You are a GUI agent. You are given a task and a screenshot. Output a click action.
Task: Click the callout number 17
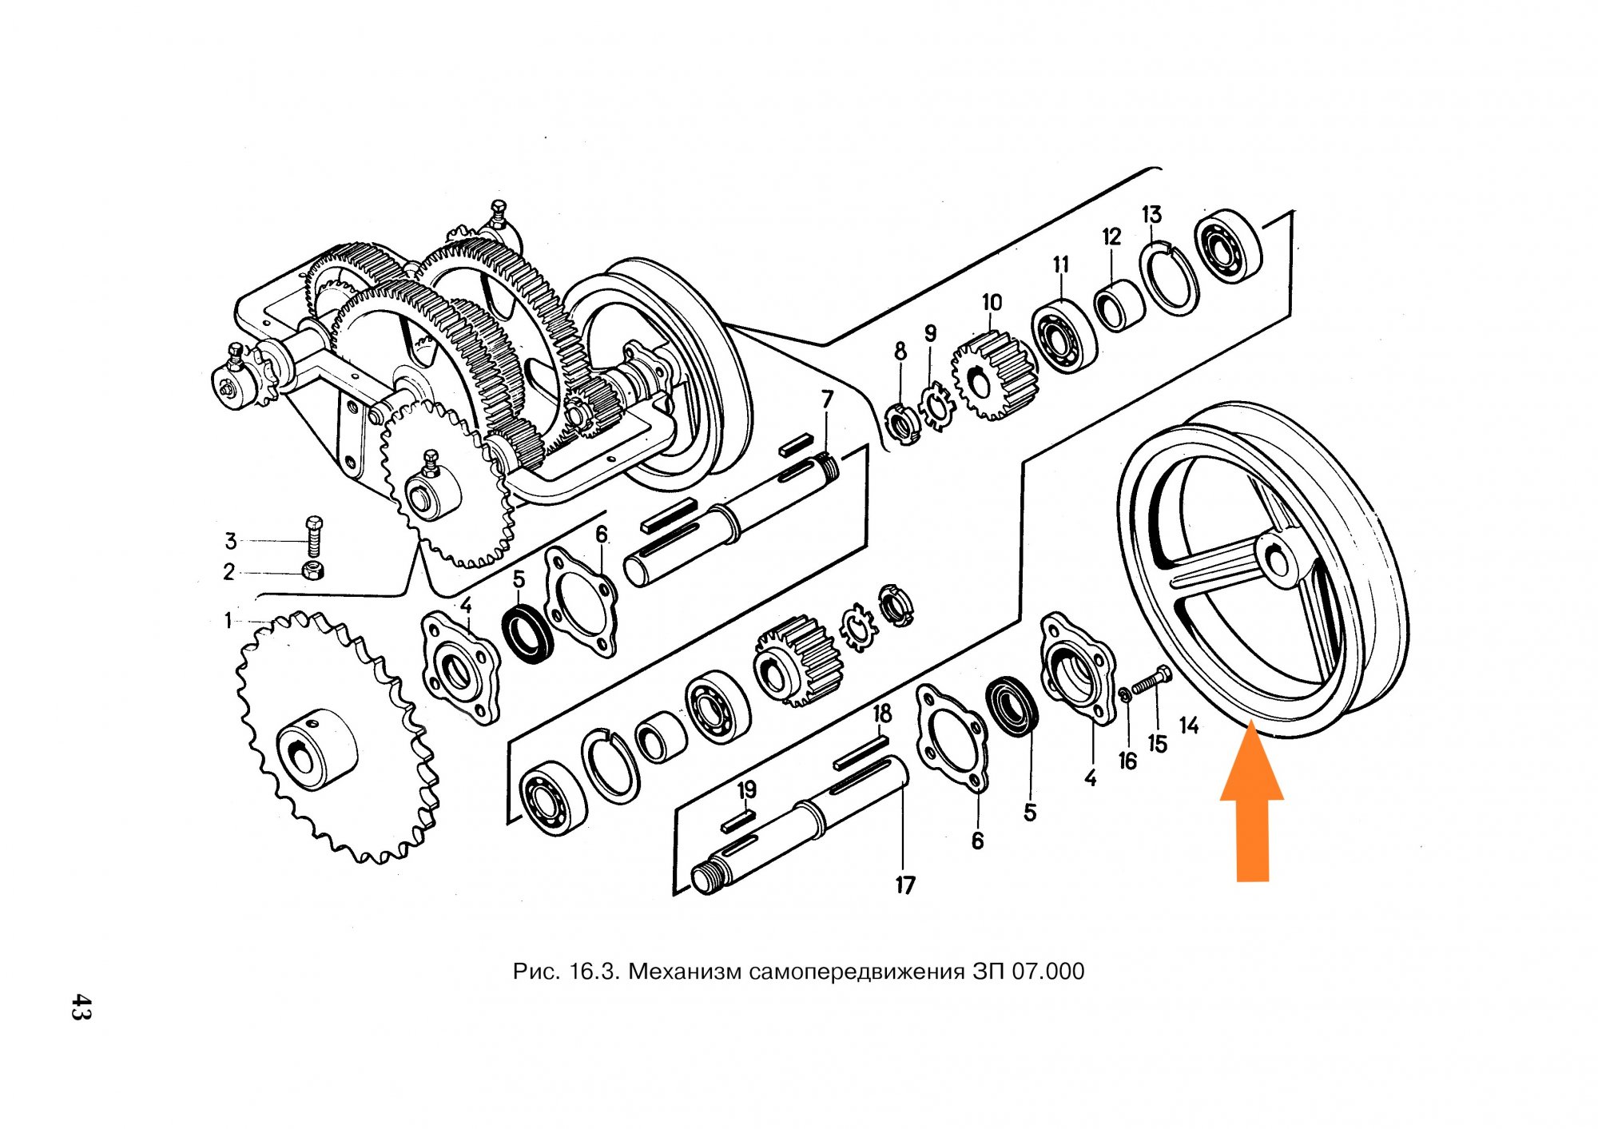904,885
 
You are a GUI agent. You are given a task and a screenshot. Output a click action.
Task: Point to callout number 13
1151,214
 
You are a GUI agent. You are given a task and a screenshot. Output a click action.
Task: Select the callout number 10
992,302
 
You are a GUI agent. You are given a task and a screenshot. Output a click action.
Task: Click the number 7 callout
827,398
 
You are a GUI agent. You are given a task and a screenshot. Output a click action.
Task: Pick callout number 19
746,790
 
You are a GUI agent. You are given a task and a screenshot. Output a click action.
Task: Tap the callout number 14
1189,726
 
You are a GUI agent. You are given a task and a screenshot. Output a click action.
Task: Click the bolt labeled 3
314,537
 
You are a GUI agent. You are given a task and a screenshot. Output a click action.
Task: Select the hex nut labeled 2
313,570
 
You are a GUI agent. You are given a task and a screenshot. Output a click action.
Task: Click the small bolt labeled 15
1151,681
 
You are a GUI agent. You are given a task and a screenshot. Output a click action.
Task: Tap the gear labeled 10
994,376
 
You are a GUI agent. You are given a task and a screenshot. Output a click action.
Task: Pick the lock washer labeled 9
936,407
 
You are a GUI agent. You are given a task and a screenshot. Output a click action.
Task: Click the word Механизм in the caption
686,972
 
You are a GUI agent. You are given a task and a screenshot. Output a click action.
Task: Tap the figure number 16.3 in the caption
595,972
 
